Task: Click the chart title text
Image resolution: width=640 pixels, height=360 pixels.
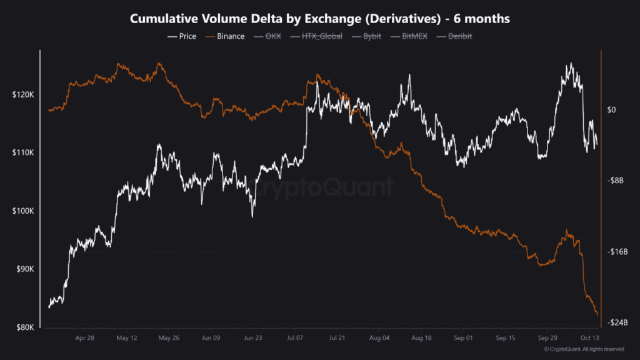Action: (320, 19)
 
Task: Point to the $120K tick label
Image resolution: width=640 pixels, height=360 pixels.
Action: (22, 94)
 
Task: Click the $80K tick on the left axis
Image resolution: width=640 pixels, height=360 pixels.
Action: (24, 327)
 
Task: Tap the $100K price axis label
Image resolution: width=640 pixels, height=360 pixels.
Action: (22, 211)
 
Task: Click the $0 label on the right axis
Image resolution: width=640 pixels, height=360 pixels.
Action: (612, 110)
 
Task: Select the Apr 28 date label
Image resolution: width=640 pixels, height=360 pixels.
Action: (84, 338)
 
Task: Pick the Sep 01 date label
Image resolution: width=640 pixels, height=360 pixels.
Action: (463, 338)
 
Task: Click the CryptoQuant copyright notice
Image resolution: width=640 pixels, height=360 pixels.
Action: (584, 349)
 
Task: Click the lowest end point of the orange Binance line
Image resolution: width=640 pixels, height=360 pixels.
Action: (597, 314)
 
